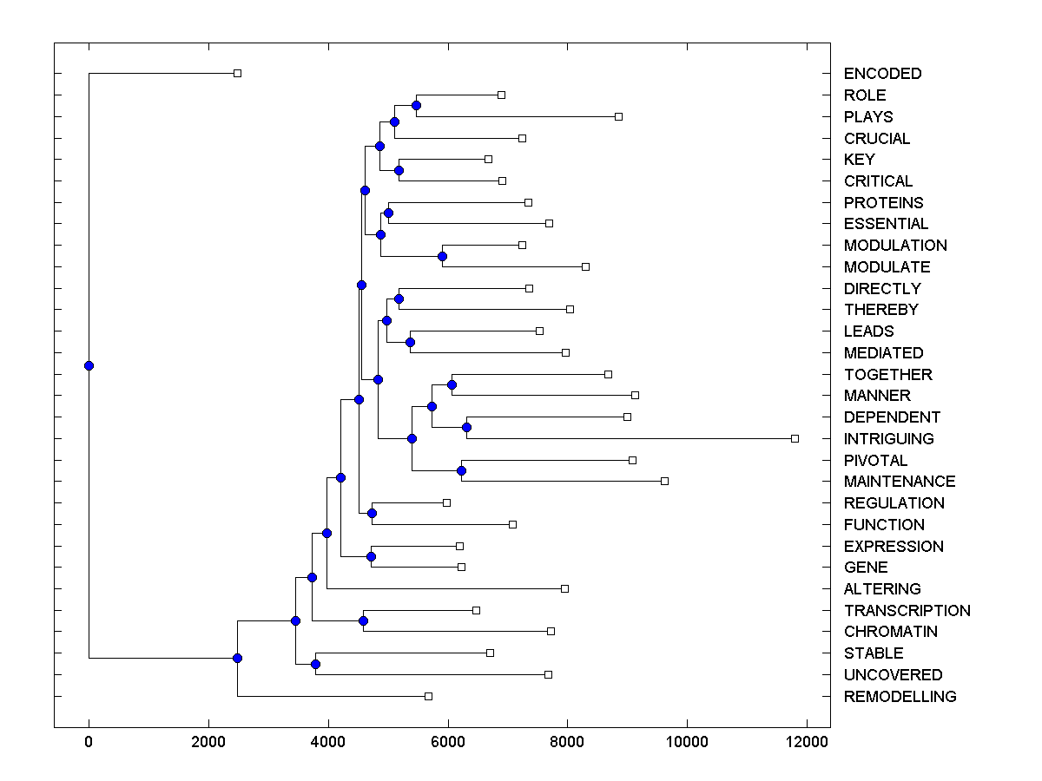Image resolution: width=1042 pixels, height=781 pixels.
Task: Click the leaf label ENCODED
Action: (x=882, y=74)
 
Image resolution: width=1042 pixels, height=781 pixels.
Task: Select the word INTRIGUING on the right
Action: (x=888, y=439)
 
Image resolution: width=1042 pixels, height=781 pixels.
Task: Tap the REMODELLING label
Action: (x=900, y=697)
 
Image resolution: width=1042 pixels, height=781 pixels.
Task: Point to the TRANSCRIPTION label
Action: (x=907, y=611)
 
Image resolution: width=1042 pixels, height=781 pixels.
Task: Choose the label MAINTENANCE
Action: (x=899, y=482)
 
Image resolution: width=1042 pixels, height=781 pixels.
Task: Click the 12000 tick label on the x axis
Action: (x=807, y=742)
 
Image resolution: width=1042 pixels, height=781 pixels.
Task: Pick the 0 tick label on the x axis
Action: (x=89, y=742)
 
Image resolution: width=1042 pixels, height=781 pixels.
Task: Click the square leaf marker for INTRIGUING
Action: (x=795, y=438)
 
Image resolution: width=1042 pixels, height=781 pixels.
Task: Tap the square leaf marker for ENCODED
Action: (x=237, y=74)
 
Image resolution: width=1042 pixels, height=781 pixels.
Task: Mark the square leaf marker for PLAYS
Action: (x=618, y=116)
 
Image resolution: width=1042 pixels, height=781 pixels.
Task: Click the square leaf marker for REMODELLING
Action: (x=428, y=696)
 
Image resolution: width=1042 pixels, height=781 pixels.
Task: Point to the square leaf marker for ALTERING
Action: (x=564, y=588)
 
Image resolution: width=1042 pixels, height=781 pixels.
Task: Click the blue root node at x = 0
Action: (x=89, y=365)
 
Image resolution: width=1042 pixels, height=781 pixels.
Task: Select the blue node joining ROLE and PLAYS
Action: (x=416, y=106)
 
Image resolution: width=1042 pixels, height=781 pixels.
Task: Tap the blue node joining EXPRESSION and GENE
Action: (x=371, y=556)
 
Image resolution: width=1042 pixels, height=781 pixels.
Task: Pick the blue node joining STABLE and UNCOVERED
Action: (x=315, y=664)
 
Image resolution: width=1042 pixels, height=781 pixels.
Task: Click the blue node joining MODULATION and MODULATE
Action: (x=442, y=256)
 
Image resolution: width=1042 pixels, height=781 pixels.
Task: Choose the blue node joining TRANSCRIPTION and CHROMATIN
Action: (x=363, y=620)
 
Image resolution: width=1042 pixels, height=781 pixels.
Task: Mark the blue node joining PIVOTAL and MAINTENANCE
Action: (x=461, y=470)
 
